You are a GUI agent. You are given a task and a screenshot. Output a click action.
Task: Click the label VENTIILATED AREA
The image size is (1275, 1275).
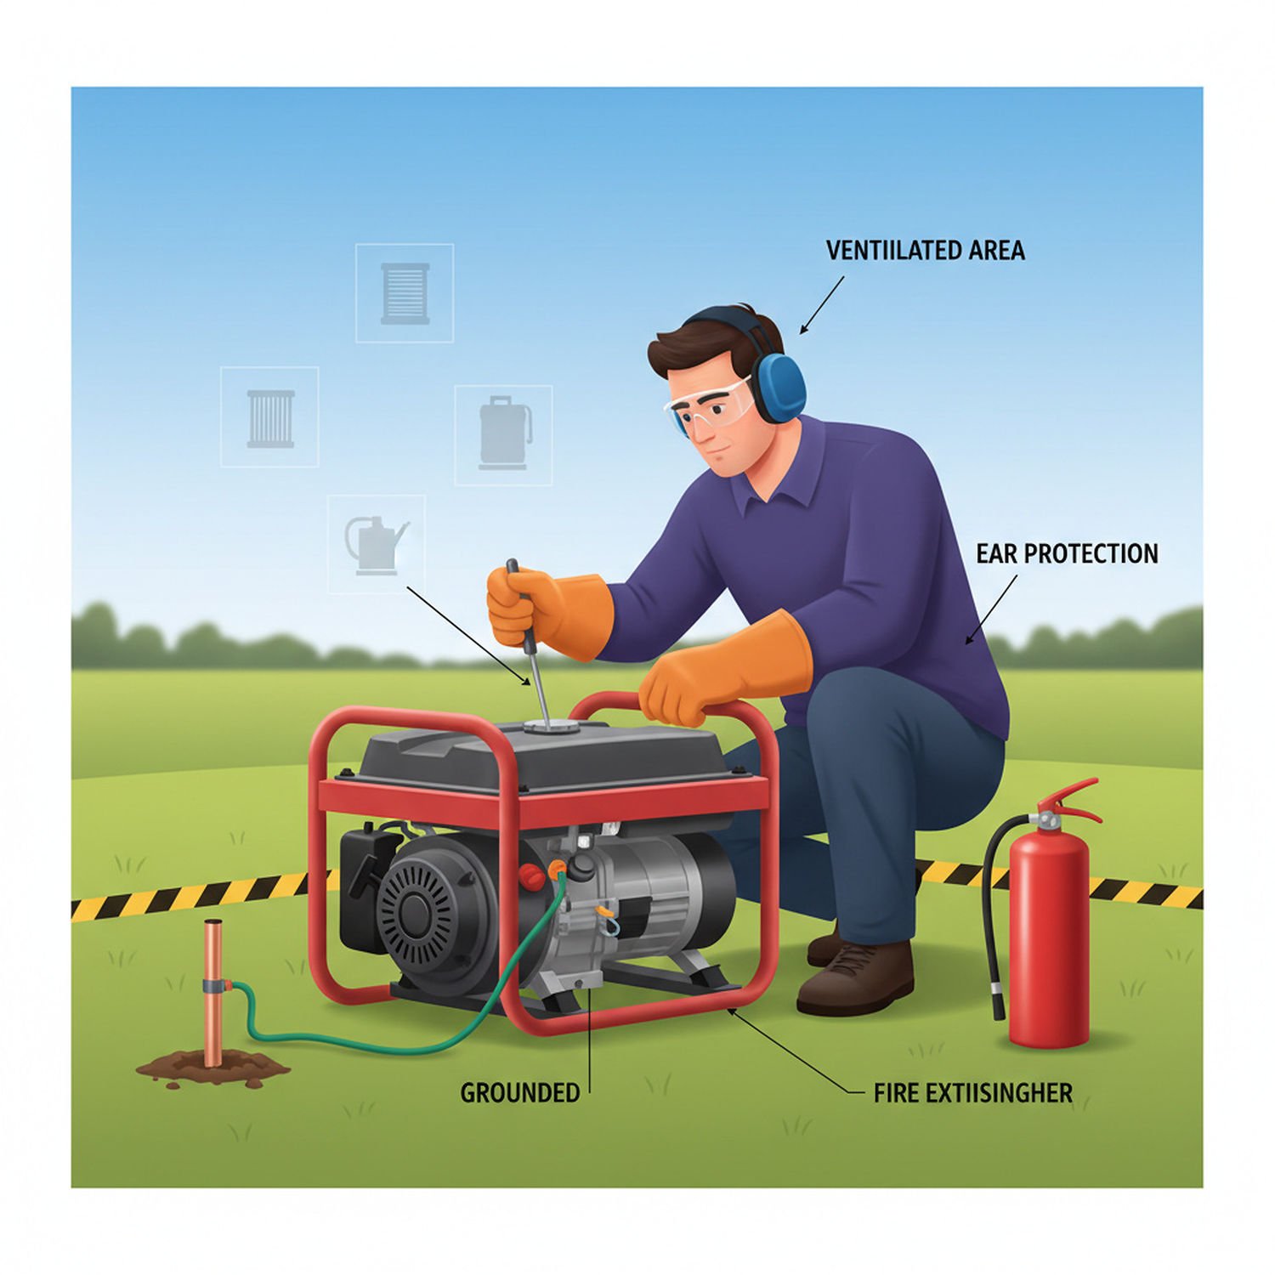coord(925,251)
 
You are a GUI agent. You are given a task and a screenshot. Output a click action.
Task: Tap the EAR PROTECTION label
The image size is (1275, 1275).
coord(1067,554)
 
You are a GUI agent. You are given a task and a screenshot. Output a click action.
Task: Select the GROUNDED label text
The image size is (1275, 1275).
coord(519,1092)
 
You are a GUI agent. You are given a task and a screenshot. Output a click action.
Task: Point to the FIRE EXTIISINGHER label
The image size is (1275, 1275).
coord(972,1092)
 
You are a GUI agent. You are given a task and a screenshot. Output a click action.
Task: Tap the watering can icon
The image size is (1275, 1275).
coord(375,544)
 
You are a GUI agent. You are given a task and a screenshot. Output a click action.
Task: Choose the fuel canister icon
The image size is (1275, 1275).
coord(505,433)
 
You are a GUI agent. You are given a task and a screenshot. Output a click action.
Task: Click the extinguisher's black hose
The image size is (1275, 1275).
coord(991,918)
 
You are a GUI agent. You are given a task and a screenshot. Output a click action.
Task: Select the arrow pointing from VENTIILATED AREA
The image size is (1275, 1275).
coord(822,304)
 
